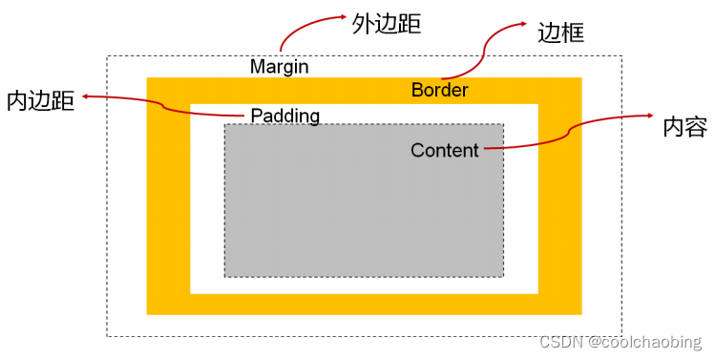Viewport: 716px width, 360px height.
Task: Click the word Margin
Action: point(279,67)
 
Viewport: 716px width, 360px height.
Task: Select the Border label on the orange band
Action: point(440,90)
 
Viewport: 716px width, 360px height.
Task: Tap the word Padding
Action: point(284,116)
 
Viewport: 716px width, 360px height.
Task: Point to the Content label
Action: point(445,150)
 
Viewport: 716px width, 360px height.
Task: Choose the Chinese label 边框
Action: point(561,33)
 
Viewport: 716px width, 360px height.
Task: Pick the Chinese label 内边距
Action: point(40,101)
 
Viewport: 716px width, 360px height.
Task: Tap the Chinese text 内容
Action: point(684,127)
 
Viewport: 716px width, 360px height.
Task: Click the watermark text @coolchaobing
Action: point(644,342)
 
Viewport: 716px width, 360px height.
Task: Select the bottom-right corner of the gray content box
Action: point(502,276)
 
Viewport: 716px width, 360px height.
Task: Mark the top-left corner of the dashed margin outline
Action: point(107,56)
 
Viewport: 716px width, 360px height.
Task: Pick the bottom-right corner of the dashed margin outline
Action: point(621,335)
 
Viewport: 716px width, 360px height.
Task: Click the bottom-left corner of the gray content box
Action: point(225,276)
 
